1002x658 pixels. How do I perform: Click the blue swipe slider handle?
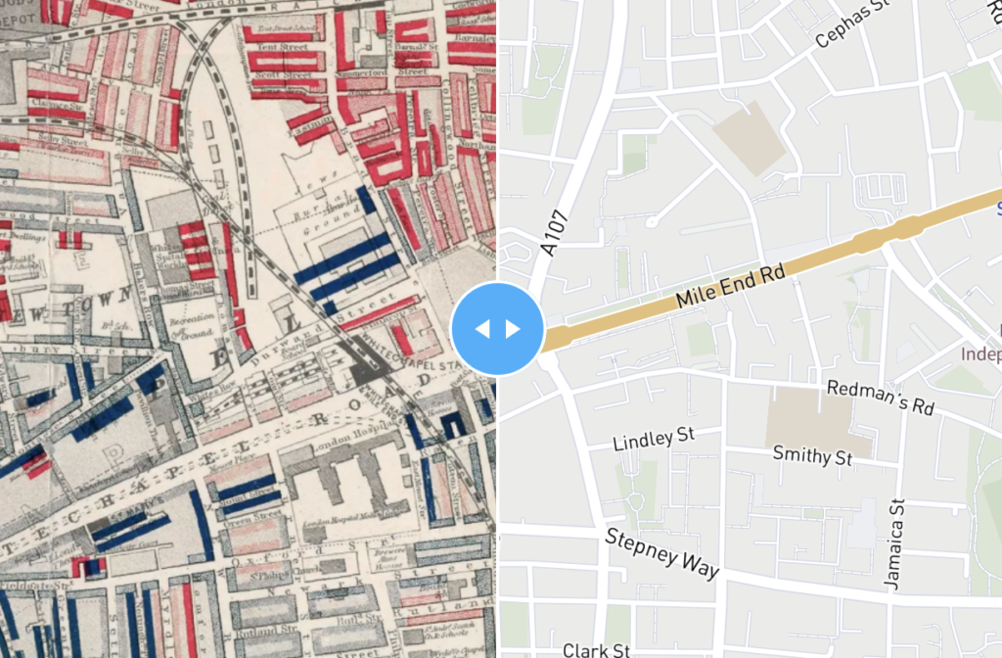click(497, 328)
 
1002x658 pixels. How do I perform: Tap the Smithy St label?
click(812, 455)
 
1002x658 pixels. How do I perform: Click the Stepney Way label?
click(661, 553)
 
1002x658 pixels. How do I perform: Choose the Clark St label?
click(596, 649)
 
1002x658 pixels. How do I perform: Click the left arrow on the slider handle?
click(481, 328)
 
